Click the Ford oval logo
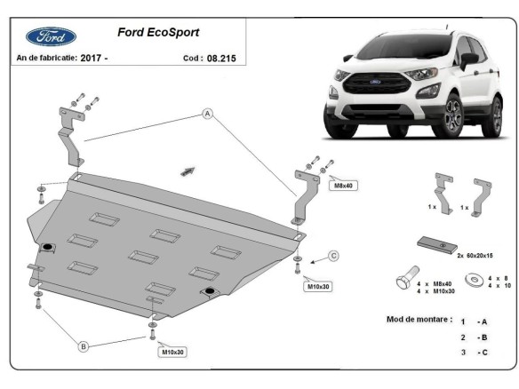pos(51,36)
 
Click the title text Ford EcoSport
pos(158,32)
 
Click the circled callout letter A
pos(206,114)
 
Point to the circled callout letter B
pos(83,345)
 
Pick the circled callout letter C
pos(334,257)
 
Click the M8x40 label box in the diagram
pos(342,186)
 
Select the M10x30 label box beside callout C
pos(318,286)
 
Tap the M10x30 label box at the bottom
pos(174,353)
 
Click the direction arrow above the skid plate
pos(188,169)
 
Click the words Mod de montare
pos(419,318)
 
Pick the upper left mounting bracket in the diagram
pos(69,136)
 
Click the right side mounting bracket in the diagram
pos(304,196)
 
